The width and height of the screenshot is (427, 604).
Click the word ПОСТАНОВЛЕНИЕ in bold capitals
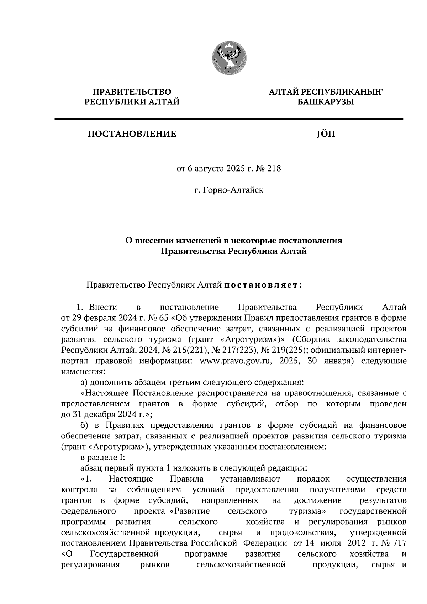[132, 134]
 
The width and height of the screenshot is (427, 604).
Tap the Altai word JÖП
[325, 134]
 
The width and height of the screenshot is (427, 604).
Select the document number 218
[274, 168]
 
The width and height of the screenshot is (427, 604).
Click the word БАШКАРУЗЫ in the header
[326, 102]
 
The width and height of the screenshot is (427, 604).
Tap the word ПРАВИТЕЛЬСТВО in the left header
[132, 92]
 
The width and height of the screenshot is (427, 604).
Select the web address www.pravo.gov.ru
[237, 361]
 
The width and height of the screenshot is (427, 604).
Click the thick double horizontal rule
[229, 120]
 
